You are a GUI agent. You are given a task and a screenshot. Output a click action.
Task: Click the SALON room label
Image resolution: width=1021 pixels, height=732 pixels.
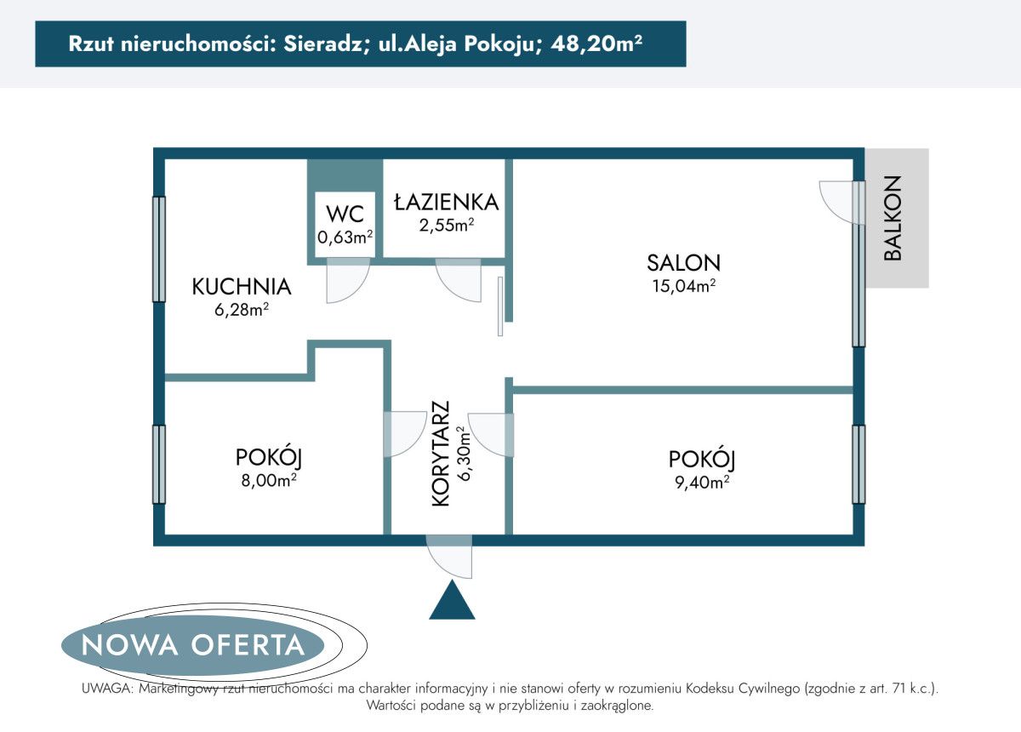click(683, 262)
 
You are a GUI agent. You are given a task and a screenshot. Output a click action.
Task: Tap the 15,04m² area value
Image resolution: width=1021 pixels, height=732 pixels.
click(683, 286)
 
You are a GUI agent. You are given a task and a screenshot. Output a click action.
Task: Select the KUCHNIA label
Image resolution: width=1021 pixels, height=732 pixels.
click(242, 287)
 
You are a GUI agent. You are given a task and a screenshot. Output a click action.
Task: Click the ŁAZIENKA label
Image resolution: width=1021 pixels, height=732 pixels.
click(445, 202)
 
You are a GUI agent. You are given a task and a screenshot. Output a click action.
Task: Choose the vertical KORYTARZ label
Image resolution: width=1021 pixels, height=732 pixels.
click(440, 455)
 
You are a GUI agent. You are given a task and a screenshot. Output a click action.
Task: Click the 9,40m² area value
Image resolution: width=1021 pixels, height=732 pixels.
click(701, 483)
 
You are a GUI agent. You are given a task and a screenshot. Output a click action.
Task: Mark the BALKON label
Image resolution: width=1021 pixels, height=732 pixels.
click(892, 218)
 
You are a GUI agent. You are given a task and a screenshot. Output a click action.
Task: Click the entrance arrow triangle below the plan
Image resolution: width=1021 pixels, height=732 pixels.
click(451, 601)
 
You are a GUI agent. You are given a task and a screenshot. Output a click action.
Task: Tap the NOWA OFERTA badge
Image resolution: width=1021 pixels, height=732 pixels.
click(193, 644)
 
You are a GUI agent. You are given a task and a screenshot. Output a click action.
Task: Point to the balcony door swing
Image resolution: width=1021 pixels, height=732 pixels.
click(839, 202)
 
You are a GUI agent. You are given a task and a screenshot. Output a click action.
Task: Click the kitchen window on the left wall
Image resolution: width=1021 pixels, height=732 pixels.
click(158, 249)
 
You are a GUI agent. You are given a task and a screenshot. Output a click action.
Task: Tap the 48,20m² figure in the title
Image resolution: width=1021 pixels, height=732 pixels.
click(596, 44)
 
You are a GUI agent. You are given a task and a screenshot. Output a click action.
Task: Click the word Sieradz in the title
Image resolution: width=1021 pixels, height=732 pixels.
click(321, 44)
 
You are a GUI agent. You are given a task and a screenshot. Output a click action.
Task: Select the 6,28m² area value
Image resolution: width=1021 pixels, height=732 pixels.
click(242, 311)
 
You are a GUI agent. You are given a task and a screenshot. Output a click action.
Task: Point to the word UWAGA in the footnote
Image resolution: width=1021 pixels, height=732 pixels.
click(105, 689)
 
